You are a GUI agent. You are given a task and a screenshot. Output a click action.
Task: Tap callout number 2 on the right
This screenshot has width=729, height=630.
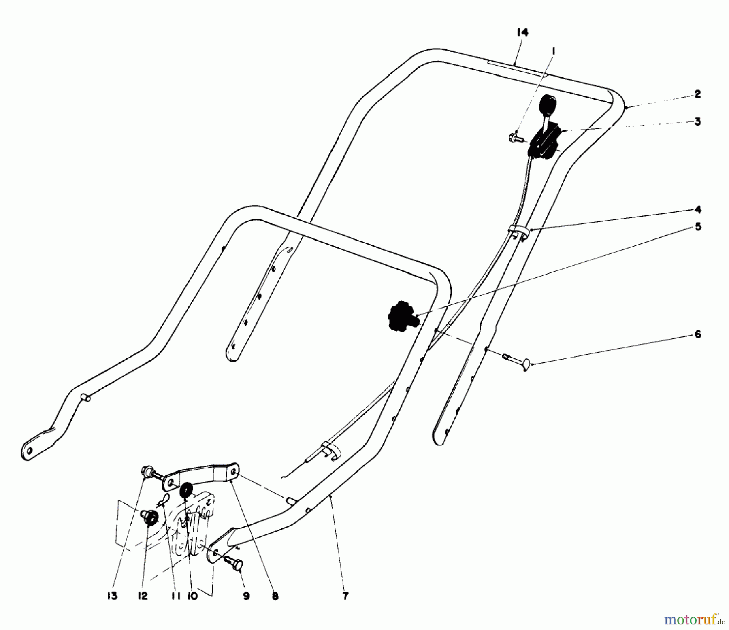pos(697,94)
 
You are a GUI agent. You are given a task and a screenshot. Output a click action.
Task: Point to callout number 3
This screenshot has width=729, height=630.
pos(697,121)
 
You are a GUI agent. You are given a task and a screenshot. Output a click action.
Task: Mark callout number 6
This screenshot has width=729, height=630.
pos(697,335)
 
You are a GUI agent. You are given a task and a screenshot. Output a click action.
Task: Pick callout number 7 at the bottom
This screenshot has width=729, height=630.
pos(345,596)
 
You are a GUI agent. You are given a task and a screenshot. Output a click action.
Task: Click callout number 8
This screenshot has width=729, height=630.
pos(275,596)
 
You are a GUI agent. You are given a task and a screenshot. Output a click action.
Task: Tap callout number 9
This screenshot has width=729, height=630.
pos(247,596)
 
